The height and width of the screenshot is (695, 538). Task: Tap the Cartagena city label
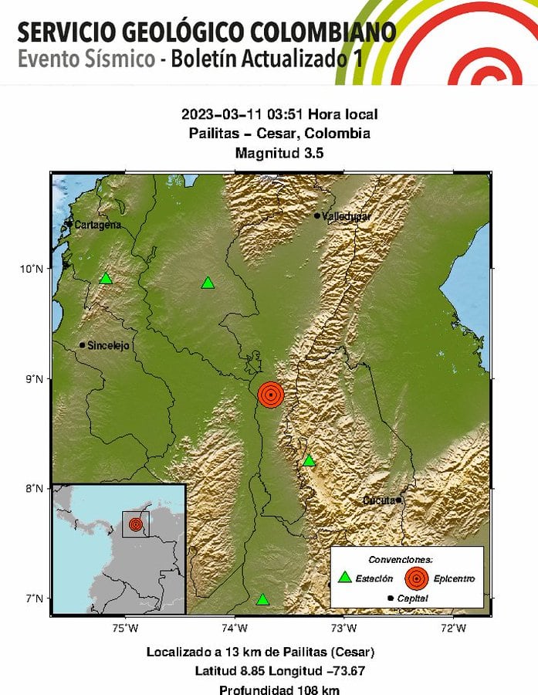coord(96,225)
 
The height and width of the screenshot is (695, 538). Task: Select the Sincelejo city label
coord(109,346)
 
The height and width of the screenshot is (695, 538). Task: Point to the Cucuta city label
coord(380,500)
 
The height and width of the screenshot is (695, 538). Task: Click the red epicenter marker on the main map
coord(270,395)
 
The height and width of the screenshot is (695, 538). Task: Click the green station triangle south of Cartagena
coord(106,279)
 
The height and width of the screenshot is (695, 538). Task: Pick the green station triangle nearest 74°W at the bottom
coord(262,599)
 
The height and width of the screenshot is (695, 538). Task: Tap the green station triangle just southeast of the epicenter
coord(309,461)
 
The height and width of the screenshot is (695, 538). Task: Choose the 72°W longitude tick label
coord(453,628)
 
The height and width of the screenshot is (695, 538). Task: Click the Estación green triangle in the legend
coord(345,577)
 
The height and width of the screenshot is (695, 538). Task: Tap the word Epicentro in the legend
coord(454,578)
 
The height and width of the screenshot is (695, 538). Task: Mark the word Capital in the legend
coord(414,598)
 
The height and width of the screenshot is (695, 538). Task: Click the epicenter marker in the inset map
coord(136,524)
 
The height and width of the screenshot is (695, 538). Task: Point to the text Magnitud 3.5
coord(279,153)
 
